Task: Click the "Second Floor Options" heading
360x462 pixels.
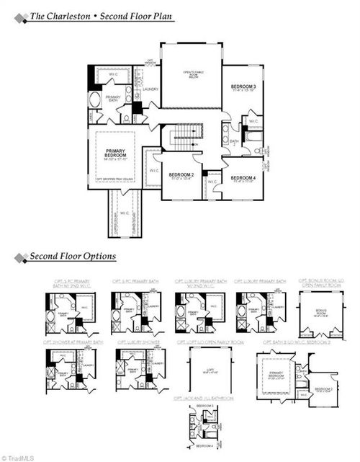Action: (72, 257)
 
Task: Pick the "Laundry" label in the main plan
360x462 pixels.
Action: (150, 89)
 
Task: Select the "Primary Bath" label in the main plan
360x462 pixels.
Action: (113, 99)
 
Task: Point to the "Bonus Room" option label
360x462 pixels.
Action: (321, 313)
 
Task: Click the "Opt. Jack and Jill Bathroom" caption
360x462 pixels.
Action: (202, 398)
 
